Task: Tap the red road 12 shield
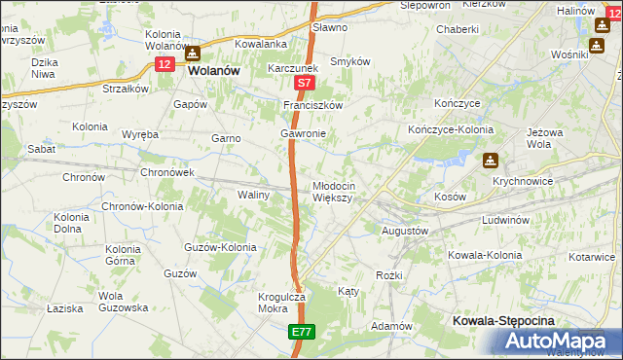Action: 165,63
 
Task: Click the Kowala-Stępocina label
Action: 502,320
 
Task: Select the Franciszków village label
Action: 313,104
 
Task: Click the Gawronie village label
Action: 302,133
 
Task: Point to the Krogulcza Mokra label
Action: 261,303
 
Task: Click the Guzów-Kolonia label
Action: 220,247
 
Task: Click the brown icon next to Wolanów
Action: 193,54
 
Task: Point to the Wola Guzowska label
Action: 123,301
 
